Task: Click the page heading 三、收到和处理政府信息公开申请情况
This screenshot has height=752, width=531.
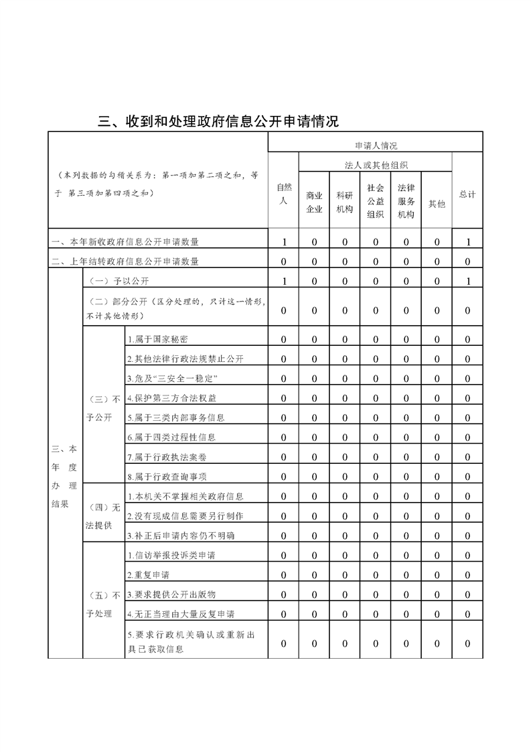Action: coord(218,121)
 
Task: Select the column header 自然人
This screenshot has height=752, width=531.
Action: coord(284,194)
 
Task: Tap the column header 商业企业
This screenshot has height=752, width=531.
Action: coord(314,202)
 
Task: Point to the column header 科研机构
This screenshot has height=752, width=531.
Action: coord(345,202)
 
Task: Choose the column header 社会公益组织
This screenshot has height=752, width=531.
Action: coord(376,201)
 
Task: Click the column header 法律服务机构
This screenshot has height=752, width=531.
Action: coord(406,201)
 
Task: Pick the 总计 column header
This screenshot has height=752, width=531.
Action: coord(467,194)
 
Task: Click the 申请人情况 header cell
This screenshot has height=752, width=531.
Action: coord(376,145)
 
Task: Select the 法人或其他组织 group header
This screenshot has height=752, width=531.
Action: coord(376,165)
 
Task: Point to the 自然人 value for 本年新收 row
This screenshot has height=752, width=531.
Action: coord(284,242)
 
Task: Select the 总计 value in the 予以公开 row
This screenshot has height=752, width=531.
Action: coord(467,281)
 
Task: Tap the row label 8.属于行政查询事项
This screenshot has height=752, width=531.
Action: coord(167,477)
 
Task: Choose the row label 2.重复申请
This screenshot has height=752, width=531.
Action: coord(148,575)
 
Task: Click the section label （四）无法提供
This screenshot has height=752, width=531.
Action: coord(103,515)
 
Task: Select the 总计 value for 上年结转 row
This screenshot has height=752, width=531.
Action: coord(467,261)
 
